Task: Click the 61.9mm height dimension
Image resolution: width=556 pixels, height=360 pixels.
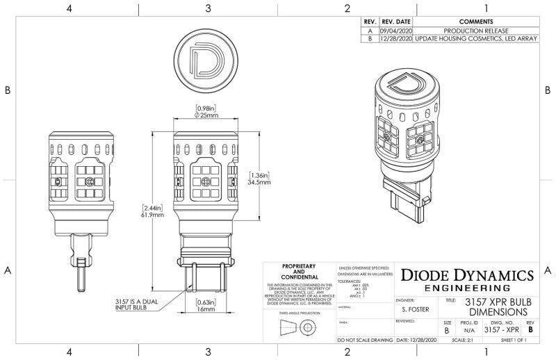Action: pyautogui.click(x=153, y=215)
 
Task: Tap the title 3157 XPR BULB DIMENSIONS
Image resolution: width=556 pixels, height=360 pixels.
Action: pyautogui.click(x=498, y=308)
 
